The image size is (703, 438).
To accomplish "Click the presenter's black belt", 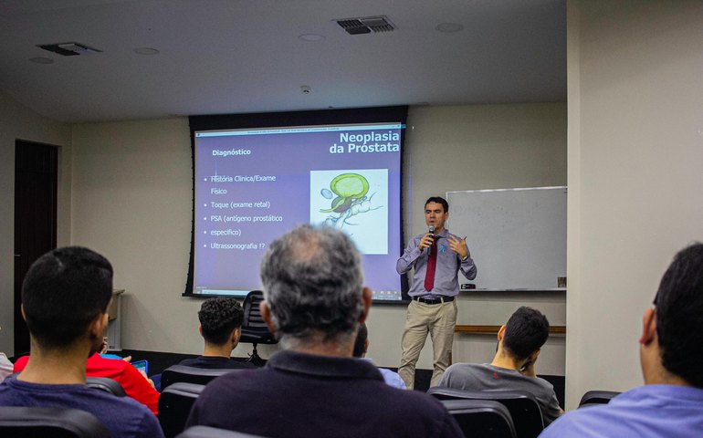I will (433, 298).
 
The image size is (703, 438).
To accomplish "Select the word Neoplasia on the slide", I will (369, 136).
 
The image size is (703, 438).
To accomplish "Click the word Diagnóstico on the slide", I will (231, 152).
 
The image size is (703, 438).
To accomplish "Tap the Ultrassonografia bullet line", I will (236, 245).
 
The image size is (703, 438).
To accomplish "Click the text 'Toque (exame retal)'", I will (239, 204).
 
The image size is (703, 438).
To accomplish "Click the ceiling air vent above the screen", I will (364, 25).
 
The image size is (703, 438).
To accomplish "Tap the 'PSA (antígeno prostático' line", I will (246, 218).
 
